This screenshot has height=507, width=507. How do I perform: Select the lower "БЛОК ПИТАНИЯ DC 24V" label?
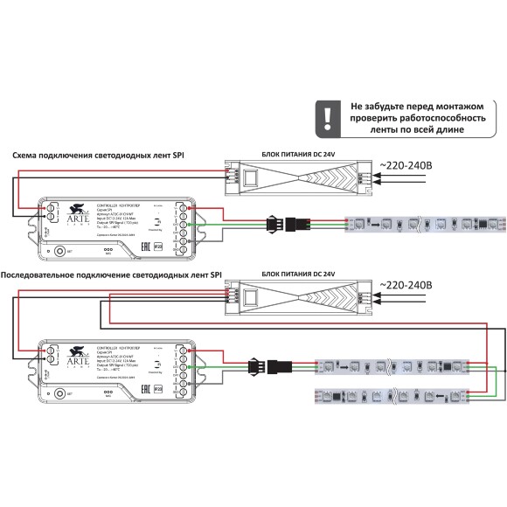click(299, 274)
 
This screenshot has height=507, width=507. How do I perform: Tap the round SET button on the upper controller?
click(59, 251)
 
